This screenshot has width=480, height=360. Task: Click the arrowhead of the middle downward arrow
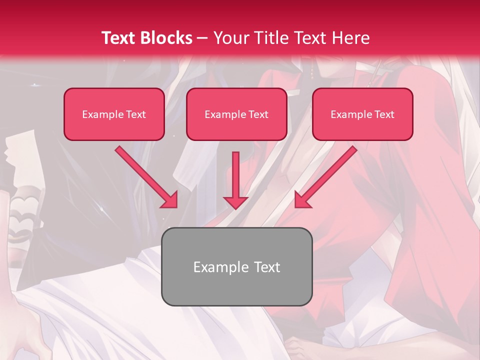point(235,202)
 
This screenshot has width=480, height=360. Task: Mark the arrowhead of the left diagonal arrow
point(170,200)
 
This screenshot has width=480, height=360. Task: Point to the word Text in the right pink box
point(384,114)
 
